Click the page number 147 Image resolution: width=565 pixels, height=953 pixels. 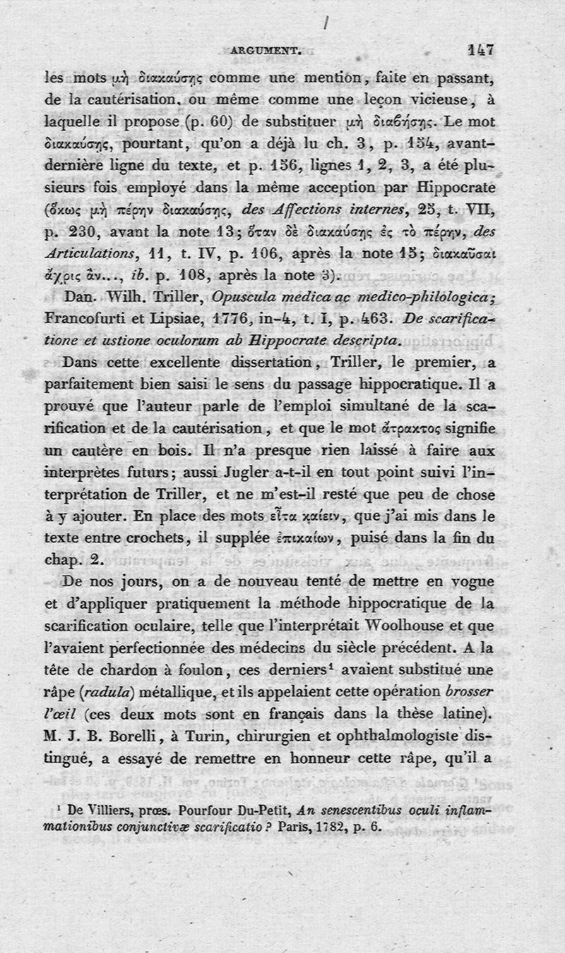480,49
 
